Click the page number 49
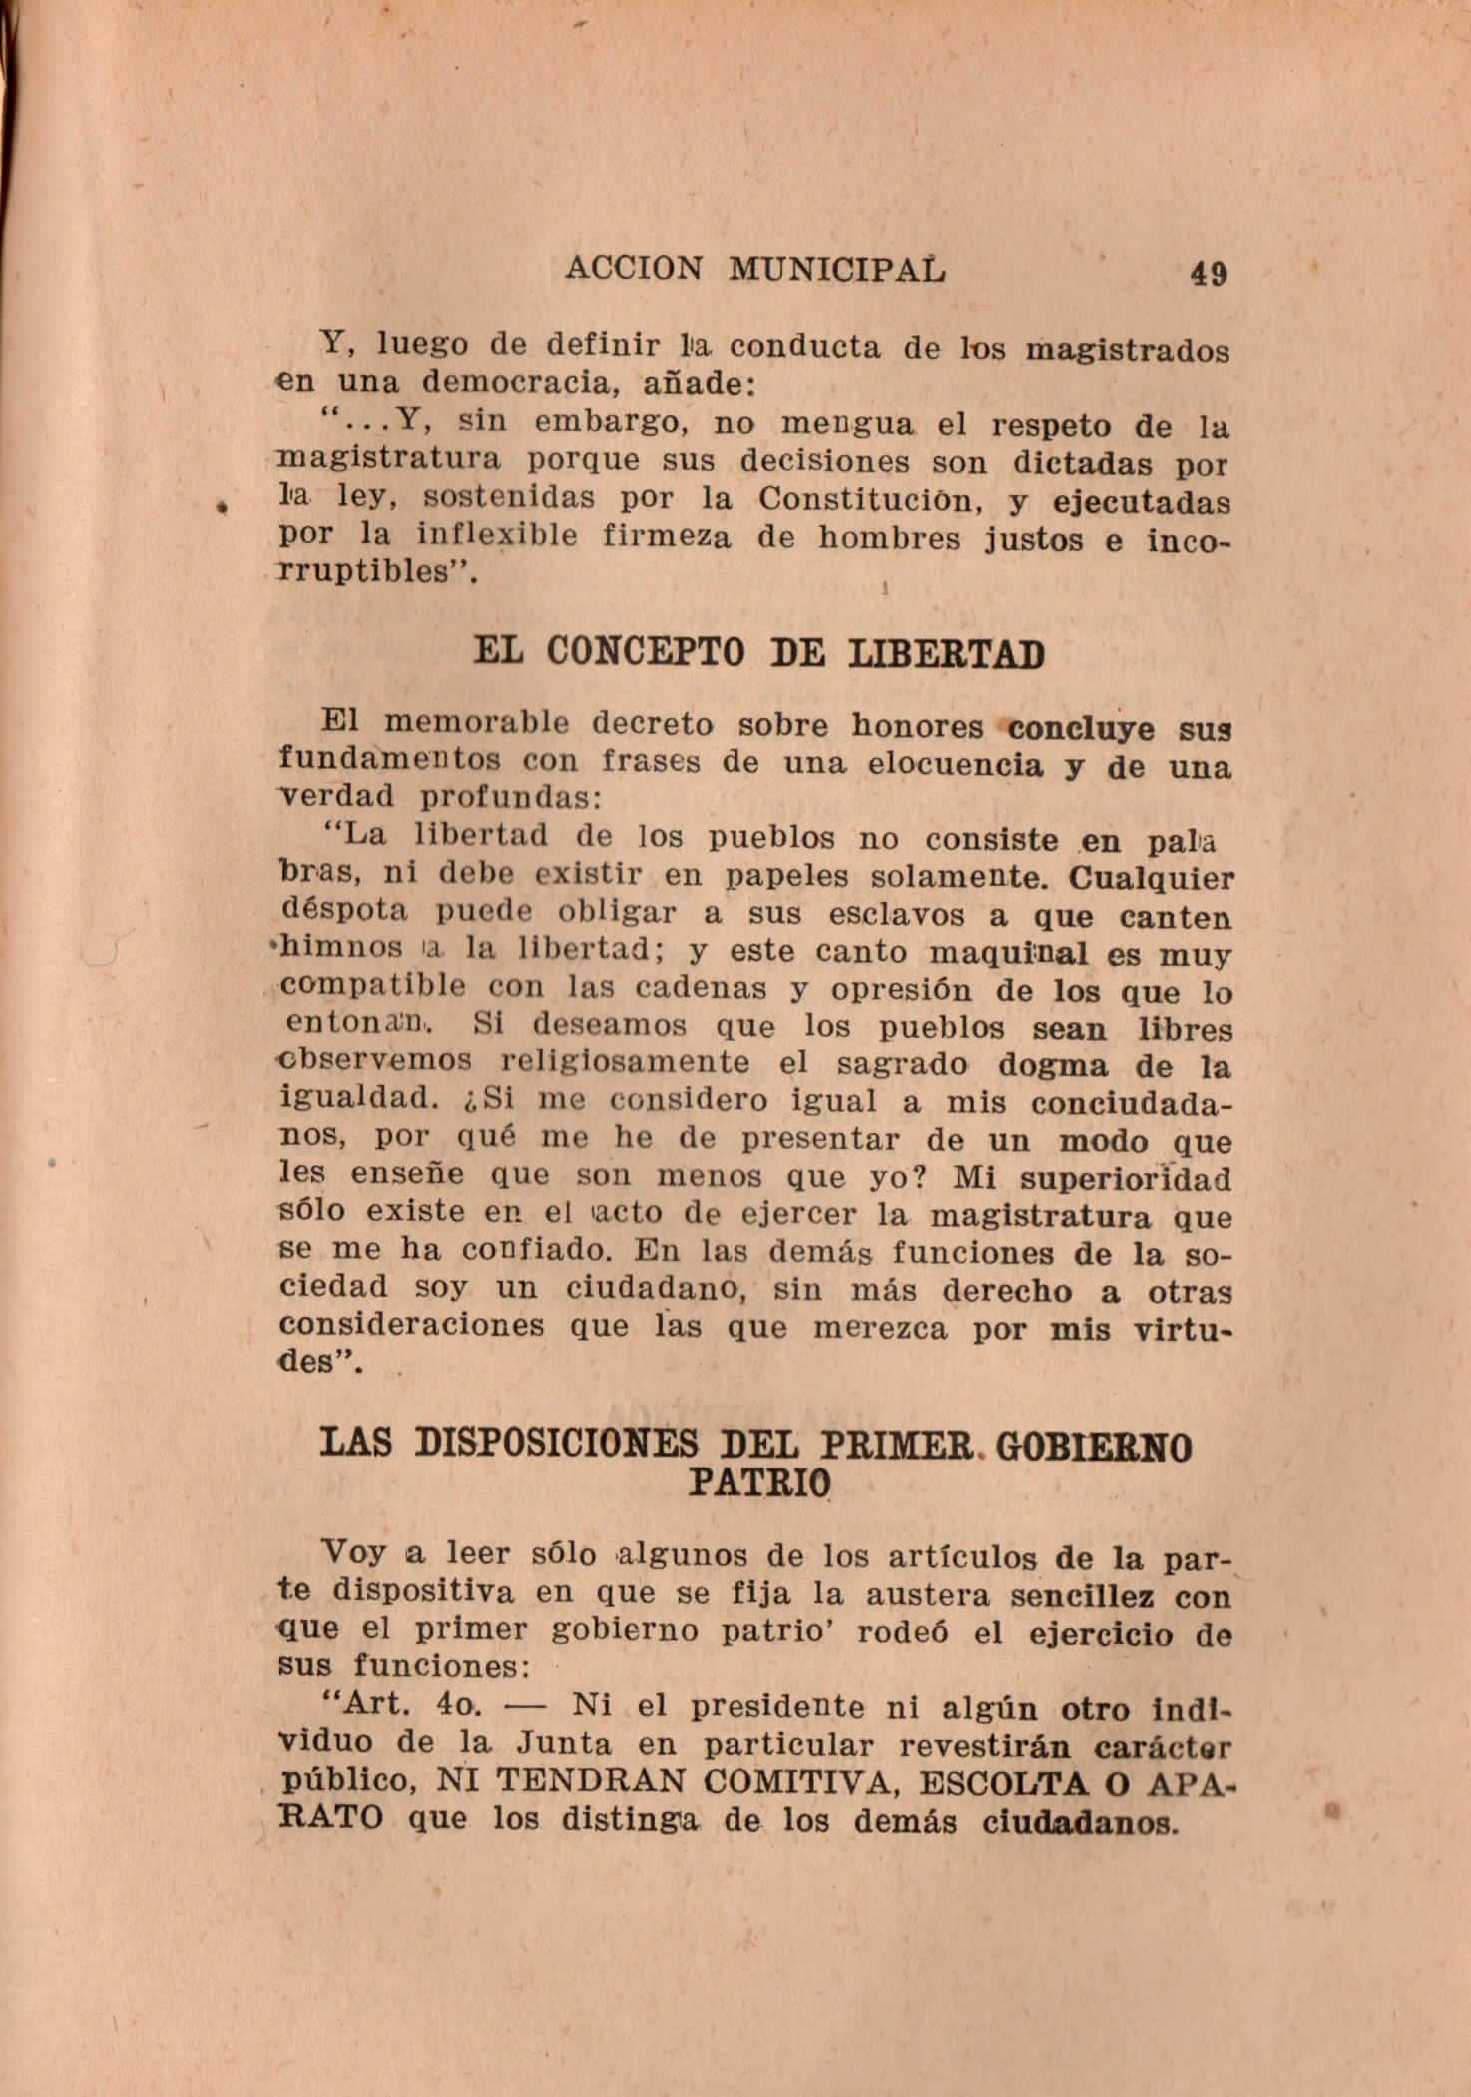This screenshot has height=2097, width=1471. click(x=1208, y=273)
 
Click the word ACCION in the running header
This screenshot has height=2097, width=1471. click(x=634, y=268)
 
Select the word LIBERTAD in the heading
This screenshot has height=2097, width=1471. click(x=945, y=655)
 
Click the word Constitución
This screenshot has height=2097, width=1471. click(x=856, y=499)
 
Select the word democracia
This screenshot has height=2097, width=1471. click(x=520, y=384)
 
